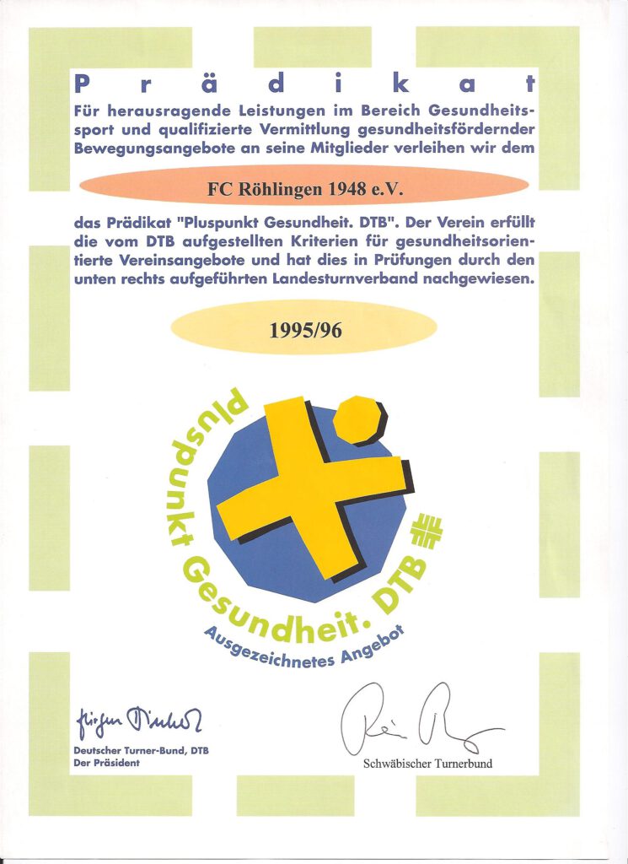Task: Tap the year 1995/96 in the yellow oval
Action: tap(305, 330)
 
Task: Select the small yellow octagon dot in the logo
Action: tap(357, 418)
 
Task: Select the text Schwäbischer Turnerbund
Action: tap(427, 764)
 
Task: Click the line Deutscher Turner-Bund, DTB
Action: tap(141, 750)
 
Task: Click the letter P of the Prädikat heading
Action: tap(82, 83)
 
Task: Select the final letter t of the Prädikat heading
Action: tap(529, 83)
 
